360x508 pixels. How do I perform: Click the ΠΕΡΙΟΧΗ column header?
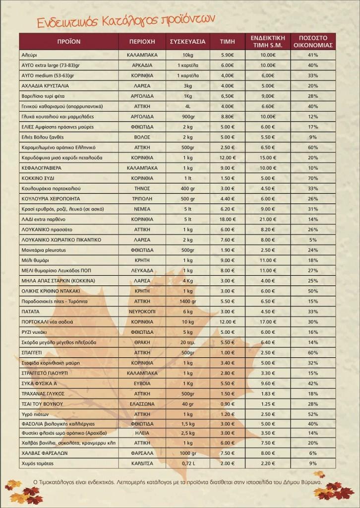142,42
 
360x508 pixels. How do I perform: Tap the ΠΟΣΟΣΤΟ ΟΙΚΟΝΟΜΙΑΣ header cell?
312,42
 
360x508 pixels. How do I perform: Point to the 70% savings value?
312,178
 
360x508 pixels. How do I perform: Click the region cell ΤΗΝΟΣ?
142,189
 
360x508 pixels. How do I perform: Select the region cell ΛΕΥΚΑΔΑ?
142,270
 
